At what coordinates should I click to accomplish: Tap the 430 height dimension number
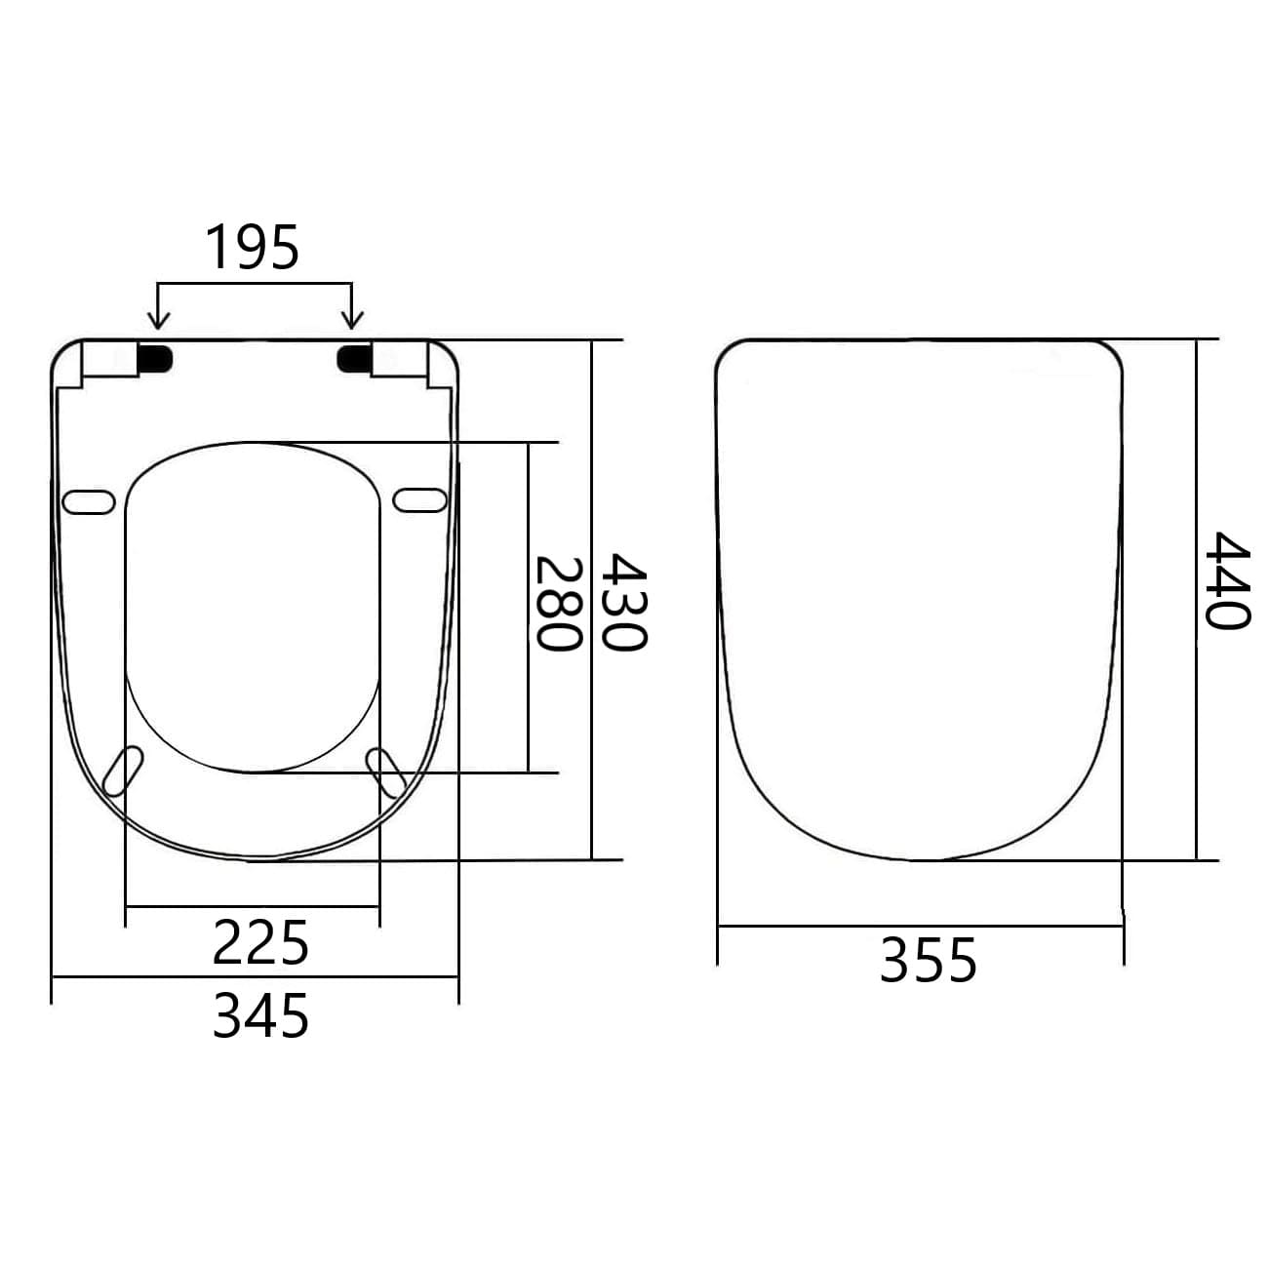622,602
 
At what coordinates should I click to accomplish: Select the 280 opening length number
560,604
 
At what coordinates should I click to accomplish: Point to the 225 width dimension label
260,943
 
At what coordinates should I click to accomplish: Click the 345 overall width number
260,1015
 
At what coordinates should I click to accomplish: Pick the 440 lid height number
1225,581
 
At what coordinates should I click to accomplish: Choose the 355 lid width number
928,961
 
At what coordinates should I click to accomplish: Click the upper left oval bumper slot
89,500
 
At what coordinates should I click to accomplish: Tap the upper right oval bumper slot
420,499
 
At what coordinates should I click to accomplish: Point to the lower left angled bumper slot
123,772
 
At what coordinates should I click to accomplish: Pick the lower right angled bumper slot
386,772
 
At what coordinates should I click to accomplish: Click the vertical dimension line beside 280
529,605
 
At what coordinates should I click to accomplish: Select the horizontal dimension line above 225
253,906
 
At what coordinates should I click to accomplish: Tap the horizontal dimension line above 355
921,926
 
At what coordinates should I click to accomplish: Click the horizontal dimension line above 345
254,976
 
